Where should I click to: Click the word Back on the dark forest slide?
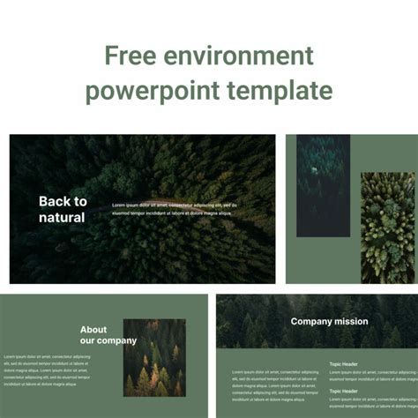[52, 201]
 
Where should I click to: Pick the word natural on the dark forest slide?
[62, 217]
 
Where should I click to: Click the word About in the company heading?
[93, 330]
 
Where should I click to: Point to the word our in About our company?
[88, 340]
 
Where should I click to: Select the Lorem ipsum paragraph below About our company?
[46, 370]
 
